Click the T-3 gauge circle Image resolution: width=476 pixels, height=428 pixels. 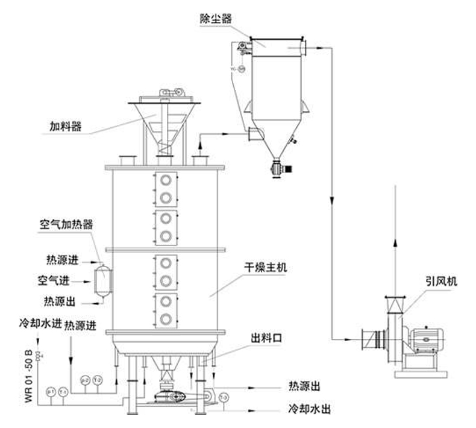click(x=224, y=398)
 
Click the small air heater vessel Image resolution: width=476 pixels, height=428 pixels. click(x=104, y=280)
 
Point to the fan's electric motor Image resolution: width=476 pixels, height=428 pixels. click(x=427, y=341)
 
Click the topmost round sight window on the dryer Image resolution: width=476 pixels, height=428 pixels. click(x=166, y=180)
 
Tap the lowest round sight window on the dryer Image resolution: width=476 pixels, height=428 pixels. click(x=166, y=318)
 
